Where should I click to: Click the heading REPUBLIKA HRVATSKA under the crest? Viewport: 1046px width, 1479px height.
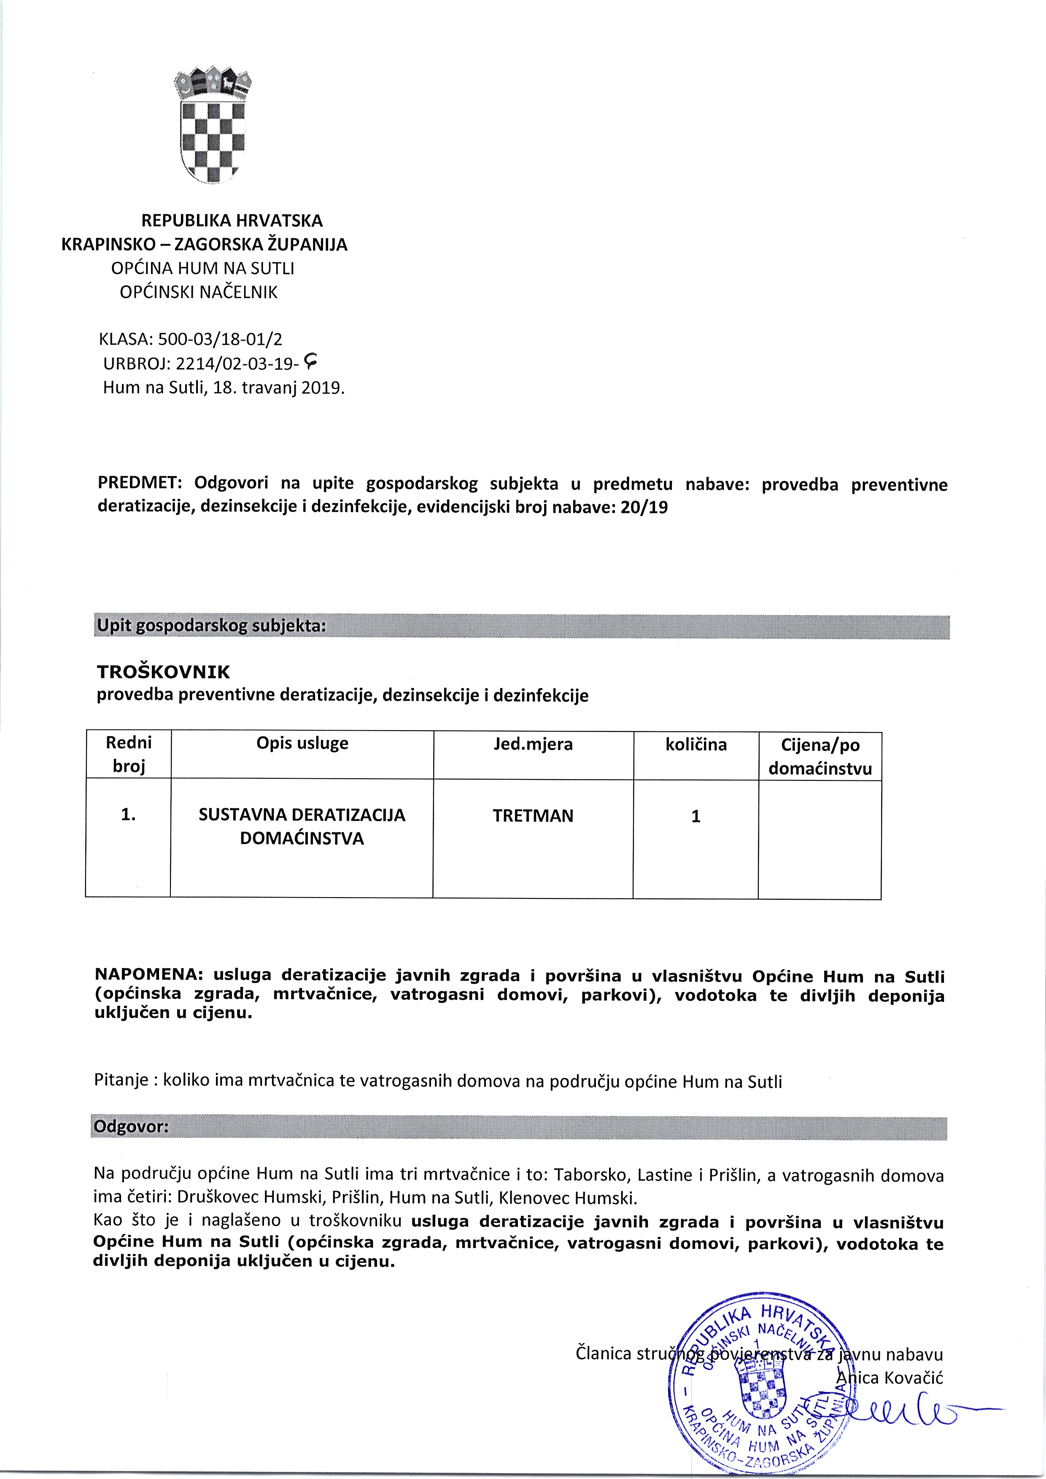(232, 221)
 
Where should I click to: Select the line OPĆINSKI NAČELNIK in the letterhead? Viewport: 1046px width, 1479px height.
(199, 293)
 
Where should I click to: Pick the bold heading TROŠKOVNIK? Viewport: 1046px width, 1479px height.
(163, 672)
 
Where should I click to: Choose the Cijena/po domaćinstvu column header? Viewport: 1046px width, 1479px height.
(820, 756)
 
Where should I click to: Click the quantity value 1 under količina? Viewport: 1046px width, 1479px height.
(696, 817)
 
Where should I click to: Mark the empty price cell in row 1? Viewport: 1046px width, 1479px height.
(820, 837)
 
